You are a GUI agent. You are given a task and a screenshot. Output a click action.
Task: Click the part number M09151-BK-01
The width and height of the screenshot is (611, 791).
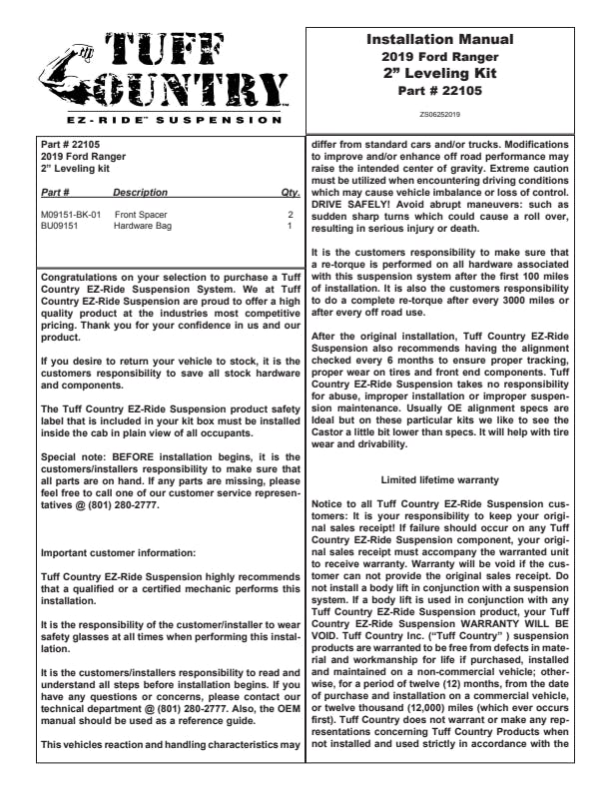tap(71, 215)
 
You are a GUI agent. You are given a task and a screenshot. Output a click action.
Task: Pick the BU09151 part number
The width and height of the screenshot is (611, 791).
tap(59, 226)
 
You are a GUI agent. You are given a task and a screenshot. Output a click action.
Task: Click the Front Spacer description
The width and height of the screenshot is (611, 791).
tap(141, 215)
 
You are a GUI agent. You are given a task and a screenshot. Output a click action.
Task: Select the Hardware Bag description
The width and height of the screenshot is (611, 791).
tap(143, 226)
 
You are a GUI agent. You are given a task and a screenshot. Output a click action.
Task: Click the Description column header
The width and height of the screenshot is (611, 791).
tap(141, 192)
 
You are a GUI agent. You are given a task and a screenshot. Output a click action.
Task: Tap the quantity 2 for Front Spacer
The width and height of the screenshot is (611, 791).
tap(291, 215)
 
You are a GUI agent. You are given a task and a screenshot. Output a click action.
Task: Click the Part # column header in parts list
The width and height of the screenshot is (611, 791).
tap(55, 192)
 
